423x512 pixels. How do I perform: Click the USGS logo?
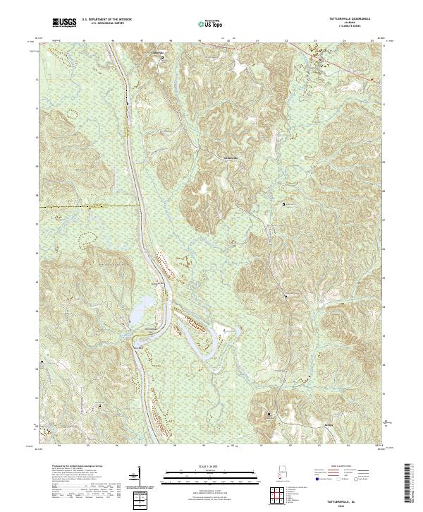(64, 23)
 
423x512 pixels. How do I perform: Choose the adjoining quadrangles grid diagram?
(282, 497)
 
